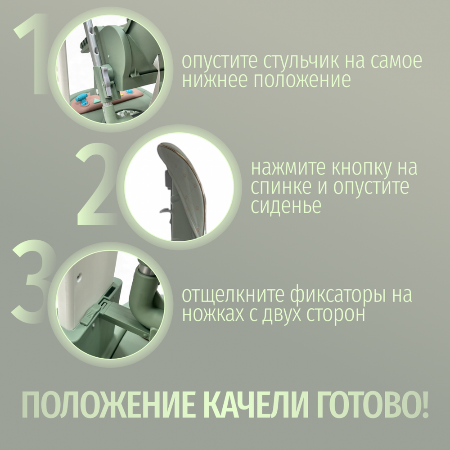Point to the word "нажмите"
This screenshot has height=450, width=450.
click(x=288, y=169)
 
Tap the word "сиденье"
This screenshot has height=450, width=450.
click(x=286, y=206)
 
